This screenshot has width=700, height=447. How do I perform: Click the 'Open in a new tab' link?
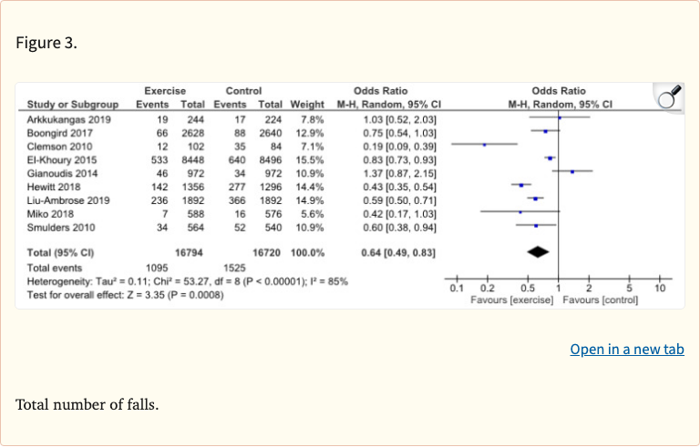point(626,350)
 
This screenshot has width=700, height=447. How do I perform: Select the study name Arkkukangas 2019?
point(69,118)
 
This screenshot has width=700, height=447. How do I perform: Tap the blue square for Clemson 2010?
point(485,145)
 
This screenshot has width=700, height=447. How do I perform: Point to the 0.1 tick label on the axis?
point(458,288)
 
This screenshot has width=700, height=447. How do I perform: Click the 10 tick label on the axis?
point(660,288)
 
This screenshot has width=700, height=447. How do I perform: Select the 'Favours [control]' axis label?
point(601,300)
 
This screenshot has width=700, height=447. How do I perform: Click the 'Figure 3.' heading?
point(46,42)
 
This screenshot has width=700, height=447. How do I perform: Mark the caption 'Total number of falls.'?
point(87,403)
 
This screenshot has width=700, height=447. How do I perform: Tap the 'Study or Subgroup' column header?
point(73,104)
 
